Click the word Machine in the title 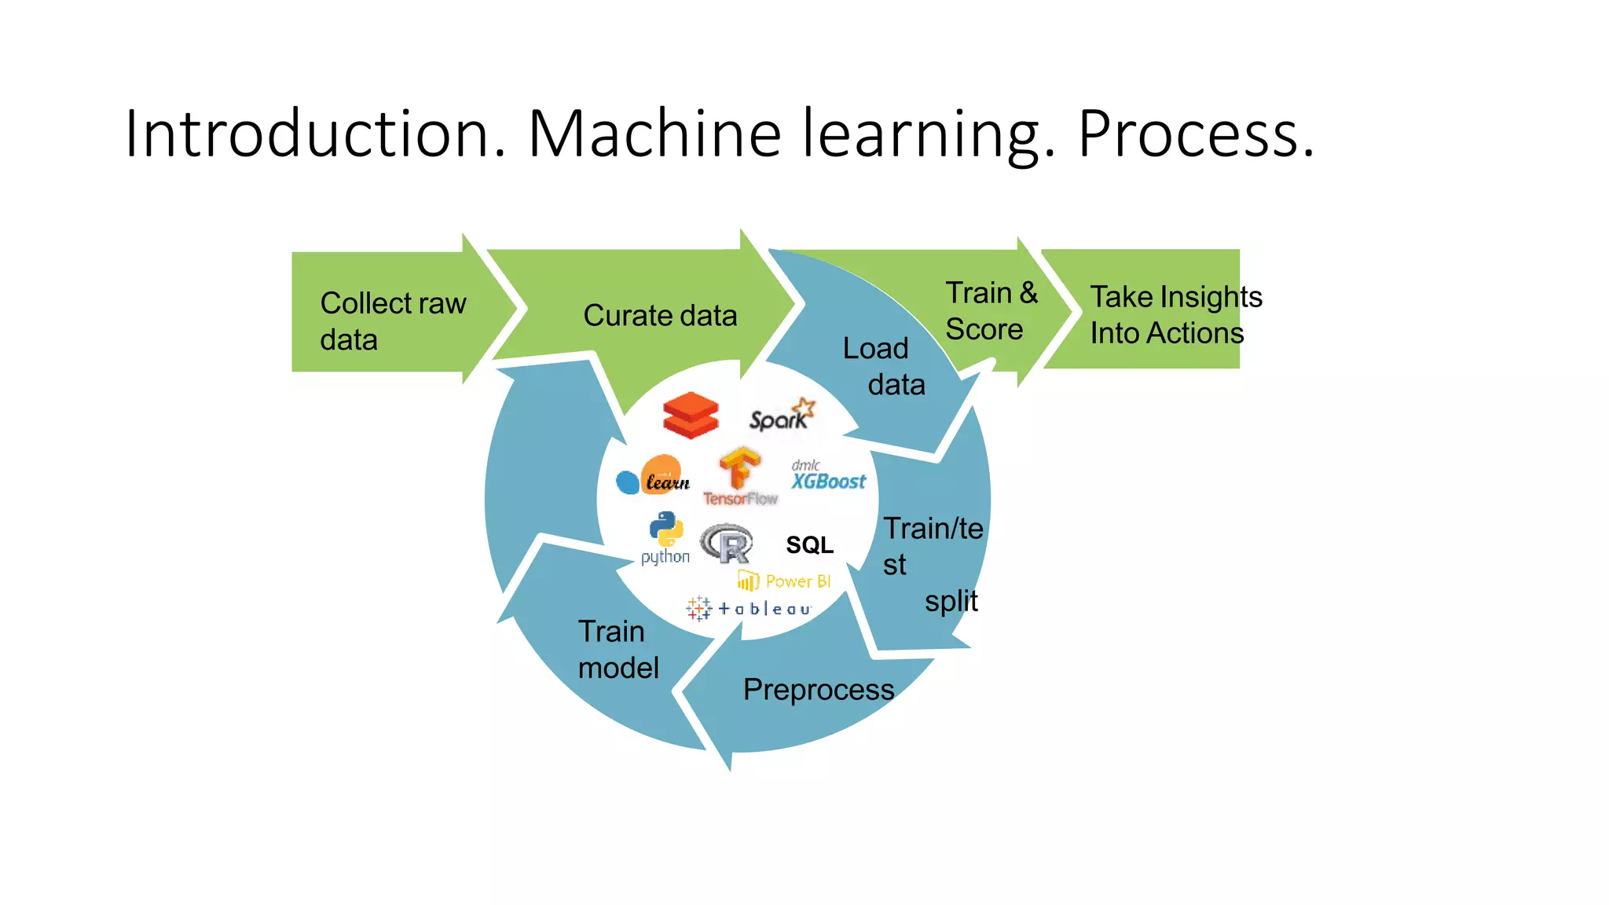pos(654,134)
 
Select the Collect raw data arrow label pos(393,321)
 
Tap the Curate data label pos(660,316)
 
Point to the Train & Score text pos(990,311)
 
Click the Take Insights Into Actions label pos(1175,314)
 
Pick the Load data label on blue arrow pos(884,366)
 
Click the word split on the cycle pos(951,601)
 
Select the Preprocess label pos(818,690)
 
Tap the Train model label pos(618,650)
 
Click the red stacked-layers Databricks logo pos(691,415)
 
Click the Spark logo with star pos(782,416)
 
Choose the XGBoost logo pos(827,476)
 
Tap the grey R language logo pos(727,544)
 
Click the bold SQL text pos(809,544)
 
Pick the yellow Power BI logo pos(784,581)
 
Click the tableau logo pos(748,609)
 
